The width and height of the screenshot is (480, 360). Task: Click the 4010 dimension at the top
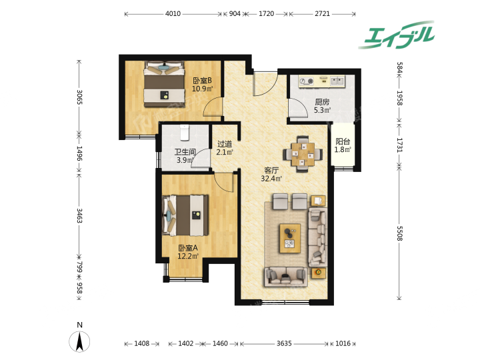173,14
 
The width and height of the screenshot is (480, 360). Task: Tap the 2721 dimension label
323,14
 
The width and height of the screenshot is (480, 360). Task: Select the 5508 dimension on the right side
399,233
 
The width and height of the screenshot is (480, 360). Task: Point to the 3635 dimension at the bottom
284,343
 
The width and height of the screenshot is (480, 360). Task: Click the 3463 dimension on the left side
79,216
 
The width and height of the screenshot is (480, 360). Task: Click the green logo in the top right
397,35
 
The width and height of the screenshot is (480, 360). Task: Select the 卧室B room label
202,81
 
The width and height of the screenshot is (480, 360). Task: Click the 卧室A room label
188,248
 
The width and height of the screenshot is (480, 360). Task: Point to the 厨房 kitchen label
322,102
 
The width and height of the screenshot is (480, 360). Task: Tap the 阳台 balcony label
343,141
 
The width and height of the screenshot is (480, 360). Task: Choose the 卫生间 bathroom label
185,152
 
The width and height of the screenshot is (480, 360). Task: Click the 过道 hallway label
225,143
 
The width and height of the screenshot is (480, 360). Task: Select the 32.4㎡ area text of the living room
271,179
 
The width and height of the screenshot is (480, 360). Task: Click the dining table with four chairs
303,154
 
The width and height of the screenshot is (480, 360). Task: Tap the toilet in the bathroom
184,133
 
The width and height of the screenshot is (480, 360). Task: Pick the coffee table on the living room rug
290,239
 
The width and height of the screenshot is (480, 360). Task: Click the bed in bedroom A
185,215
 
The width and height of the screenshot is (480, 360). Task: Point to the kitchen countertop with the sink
322,81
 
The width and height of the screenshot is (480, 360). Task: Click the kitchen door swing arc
301,105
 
